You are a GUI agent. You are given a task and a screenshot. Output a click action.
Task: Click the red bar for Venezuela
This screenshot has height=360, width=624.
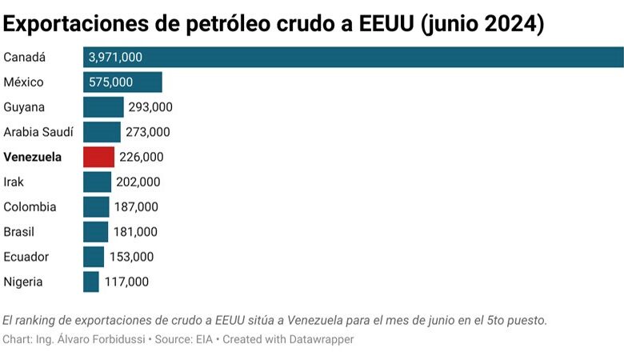point(98,157)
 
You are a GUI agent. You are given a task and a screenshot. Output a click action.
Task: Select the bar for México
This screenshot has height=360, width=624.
point(122,82)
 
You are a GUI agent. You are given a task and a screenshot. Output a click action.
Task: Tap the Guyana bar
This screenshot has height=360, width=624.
point(103,107)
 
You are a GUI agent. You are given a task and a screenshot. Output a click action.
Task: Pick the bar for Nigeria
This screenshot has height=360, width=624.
point(91,282)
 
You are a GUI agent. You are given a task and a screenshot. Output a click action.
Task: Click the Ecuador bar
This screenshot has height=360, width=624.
point(94,257)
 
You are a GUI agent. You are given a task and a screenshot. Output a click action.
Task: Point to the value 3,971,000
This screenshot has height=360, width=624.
point(116,58)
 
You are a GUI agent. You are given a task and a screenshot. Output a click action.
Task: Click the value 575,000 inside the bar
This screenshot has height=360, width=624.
point(111,82)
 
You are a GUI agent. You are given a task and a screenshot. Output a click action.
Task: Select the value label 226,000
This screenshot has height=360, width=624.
point(142,157)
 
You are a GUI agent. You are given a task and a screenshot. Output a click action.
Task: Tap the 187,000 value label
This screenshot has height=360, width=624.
point(136,207)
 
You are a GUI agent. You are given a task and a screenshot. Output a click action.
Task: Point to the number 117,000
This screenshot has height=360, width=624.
point(126,282)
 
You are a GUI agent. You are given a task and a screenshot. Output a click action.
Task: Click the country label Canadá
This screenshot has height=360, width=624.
point(25,58)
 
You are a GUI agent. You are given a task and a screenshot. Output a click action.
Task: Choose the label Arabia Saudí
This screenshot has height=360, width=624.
point(38,132)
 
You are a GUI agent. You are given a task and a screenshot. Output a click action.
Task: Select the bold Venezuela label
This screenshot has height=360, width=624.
point(33,157)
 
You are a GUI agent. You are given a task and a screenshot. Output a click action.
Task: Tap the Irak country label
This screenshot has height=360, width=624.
point(14,182)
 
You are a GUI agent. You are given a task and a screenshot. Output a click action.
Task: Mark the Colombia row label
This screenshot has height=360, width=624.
point(30,207)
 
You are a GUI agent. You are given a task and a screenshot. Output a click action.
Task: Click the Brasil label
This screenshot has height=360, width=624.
point(20,232)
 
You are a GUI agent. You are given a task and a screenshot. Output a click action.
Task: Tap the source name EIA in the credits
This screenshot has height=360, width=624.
point(205,339)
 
